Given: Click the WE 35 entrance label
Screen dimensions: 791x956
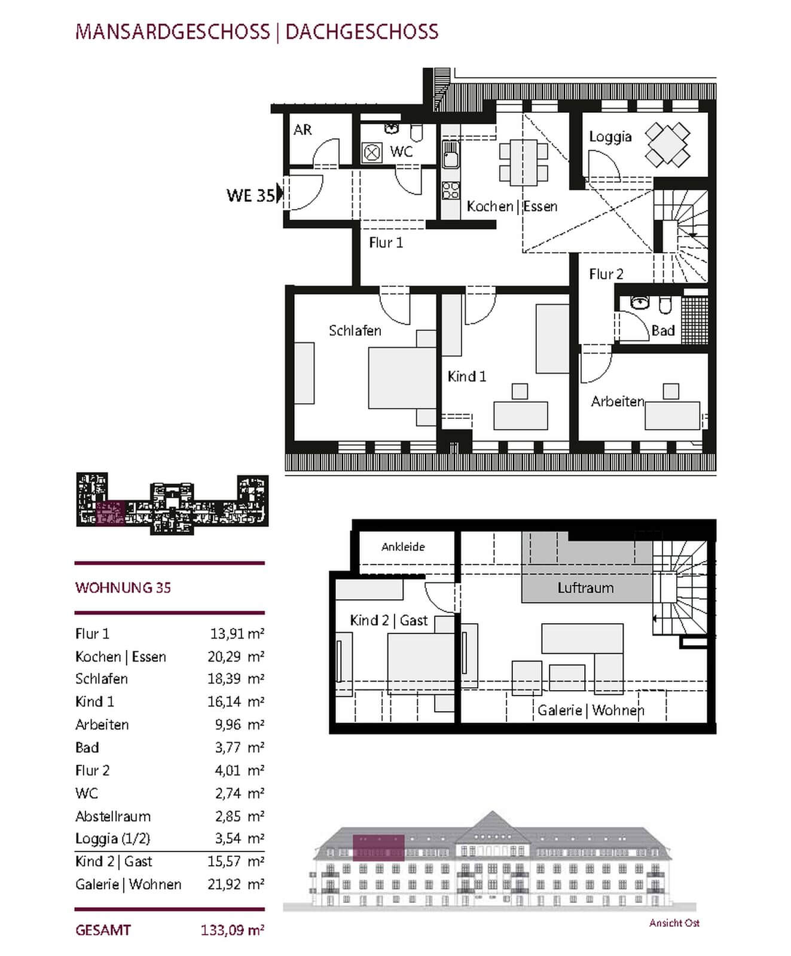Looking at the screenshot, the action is pos(251,195).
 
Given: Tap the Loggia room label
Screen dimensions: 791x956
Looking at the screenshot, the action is pos(610,137).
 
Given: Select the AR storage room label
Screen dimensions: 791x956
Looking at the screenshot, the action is pos(303,130).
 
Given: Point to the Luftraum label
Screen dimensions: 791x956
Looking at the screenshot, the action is pos(585,588).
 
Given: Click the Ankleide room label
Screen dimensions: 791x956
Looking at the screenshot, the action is pos(403,547).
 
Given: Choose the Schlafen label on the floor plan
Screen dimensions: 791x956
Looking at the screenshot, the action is pos(355,330).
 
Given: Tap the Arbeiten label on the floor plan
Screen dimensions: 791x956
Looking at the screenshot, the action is pos(618,402).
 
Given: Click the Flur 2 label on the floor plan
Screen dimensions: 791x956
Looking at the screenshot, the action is pos(606,274).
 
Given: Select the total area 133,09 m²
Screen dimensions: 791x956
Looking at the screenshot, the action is pos(233,930).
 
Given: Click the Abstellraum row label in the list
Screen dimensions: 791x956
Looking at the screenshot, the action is pos(113,816).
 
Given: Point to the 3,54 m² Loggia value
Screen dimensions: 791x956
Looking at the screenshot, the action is pos(240,838).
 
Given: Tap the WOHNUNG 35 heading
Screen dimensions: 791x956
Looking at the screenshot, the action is pos(123,588).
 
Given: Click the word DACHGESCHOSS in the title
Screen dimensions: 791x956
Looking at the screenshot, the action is pos(362,32).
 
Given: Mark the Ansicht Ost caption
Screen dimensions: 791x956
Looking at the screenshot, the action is pos(674,923).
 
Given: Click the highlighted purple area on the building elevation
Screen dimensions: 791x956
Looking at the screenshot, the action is pos(378,848).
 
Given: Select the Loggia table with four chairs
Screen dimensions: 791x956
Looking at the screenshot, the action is pos(667,145).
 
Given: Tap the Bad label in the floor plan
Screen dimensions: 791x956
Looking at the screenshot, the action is pos(663,330).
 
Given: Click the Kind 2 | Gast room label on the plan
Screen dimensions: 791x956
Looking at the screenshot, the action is pos(389,621).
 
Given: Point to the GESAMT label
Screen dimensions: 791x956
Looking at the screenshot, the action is pos(103,930).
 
